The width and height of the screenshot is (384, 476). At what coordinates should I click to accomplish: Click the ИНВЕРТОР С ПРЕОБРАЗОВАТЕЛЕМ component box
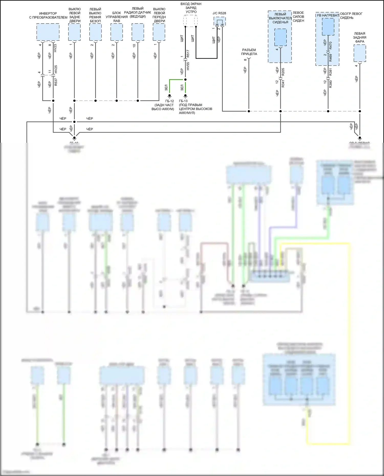tap(48, 32)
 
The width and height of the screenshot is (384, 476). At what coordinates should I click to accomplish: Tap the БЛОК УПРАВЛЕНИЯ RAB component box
tap(117, 32)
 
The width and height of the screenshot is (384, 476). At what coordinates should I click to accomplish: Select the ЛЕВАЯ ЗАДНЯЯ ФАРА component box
tap(360, 53)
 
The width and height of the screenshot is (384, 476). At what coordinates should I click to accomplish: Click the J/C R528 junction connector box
tap(220, 21)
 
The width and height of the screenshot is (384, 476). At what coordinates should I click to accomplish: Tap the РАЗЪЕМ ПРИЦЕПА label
tap(249, 52)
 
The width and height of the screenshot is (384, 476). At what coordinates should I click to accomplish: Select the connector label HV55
tap(188, 66)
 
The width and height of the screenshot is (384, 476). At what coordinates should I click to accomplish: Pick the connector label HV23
tap(55, 48)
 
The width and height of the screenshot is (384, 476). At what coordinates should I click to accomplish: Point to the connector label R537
tap(56, 82)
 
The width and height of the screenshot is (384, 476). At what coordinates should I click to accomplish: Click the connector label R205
tap(283, 72)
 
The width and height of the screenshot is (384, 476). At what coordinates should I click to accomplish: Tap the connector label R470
tap(330, 46)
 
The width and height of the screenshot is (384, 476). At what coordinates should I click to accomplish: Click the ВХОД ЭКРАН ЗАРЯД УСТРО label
tap(191, 8)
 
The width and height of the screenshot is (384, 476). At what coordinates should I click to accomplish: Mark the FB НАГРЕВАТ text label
tap(328, 15)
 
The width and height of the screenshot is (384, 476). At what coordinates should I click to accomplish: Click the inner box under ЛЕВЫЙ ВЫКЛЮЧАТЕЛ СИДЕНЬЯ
tap(280, 37)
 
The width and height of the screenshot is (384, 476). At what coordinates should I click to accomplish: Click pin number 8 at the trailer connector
tap(245, 59)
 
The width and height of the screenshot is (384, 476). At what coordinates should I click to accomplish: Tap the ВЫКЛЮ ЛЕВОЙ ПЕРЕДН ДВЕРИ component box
tap(159, 32)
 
